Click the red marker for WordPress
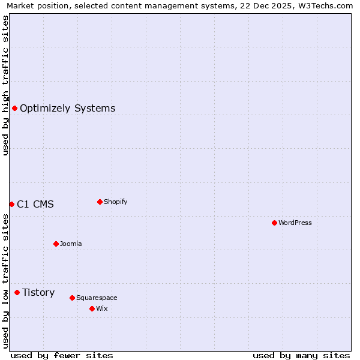[x=274, y=223]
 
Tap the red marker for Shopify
[x=100, y=202]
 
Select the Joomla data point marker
[x=56, y=244]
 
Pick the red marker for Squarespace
[x=72, y=298]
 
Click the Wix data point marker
[x=92, y=308]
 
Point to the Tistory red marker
[x=17, y=292]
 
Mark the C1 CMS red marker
[x=11, y=204]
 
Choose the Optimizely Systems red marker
[x=14, y=108]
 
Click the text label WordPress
[x=295, y=223]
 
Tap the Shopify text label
[x=116, y=202]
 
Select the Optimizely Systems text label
[x=68, y=108]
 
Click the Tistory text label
[x=38, y=292]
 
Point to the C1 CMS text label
[x=35, y=204]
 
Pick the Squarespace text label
[x=97, y=298]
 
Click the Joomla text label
[x=71, y=244]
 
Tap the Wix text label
[x=101, y=308]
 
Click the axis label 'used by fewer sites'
[x=62, y=355]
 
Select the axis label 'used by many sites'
[x=301, y=355]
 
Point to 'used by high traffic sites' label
[x=6, y=85]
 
